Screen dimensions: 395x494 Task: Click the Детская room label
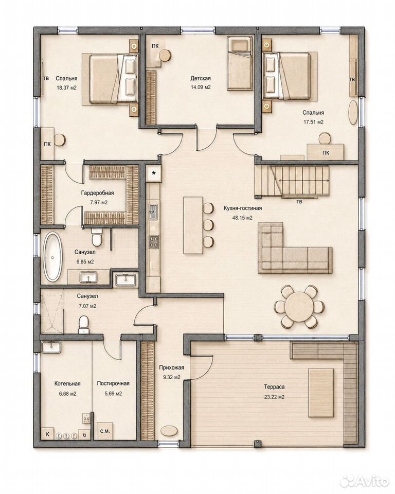pyautogui.click(x=201, y=78)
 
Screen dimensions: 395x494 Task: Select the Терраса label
pyautogui.click(x=274, y=386)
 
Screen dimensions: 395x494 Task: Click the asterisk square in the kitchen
pyautogui.click(x=154, y=173)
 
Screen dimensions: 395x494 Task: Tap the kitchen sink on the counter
pyautogui.click(x=153, y=211)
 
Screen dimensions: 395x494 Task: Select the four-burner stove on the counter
pyautogui.click(x=154, y=242)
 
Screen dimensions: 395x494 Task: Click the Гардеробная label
pyautogui.click(x=97, y=193)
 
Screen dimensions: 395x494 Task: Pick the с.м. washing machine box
pyautogui.click(x=105, y=431)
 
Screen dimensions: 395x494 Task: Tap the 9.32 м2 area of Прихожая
pyautogui.click(x=171, y=377)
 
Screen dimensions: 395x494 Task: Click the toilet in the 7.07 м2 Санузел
pyautogui.click(x=84, y=325)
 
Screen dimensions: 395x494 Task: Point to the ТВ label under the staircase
pyautogui.click(x=299, y=202)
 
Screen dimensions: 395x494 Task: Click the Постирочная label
pyautogui.click(x=113, y=383)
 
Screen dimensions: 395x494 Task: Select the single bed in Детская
pyautogui.click(x=240, y=63)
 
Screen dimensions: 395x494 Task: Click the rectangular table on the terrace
pyautogui.click(x=320, y=393)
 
